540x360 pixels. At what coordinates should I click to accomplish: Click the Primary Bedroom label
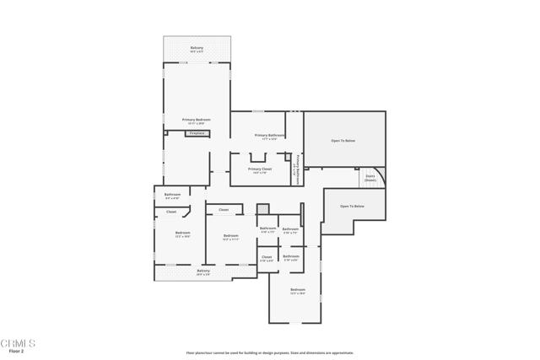196,121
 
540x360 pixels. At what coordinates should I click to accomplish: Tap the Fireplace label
197,133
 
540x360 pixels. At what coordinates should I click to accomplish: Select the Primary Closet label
260,169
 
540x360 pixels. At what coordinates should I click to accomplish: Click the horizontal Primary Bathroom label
267,136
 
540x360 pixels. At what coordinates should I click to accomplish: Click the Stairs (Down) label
370,178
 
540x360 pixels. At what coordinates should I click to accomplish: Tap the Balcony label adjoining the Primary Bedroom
197,49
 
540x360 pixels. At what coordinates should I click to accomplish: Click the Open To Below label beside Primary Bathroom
344,140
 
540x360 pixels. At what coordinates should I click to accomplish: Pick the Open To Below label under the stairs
352,207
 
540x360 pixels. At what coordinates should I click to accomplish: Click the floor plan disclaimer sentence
269,352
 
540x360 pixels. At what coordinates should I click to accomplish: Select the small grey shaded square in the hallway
262,209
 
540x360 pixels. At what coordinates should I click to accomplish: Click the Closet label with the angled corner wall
171,212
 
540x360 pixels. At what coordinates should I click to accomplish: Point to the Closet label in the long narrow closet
224,210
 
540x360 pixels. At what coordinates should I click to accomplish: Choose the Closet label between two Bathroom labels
266,257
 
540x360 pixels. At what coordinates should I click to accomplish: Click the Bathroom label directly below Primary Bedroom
172,196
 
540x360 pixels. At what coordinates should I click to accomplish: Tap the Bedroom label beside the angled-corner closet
182,234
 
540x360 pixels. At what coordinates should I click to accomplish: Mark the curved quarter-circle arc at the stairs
381,175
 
